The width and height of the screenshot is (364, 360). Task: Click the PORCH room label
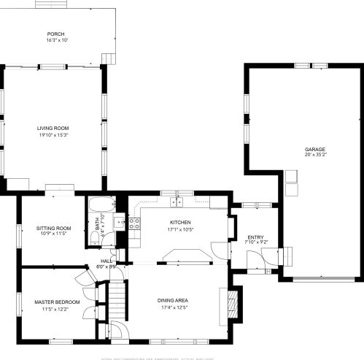coord(55,34)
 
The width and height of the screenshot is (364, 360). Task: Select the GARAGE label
coord(315,149)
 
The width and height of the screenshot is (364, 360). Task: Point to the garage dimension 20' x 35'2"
coord(315,155)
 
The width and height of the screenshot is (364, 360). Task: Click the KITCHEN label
coord(180,222)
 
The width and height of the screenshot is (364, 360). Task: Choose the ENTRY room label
coord(255,237)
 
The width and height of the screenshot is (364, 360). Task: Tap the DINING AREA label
coord(173,300)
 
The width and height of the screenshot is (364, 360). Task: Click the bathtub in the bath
coord(100,205)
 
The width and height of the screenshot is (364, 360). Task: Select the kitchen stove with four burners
coord(134,223)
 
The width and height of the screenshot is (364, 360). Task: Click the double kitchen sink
coord(177,202)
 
